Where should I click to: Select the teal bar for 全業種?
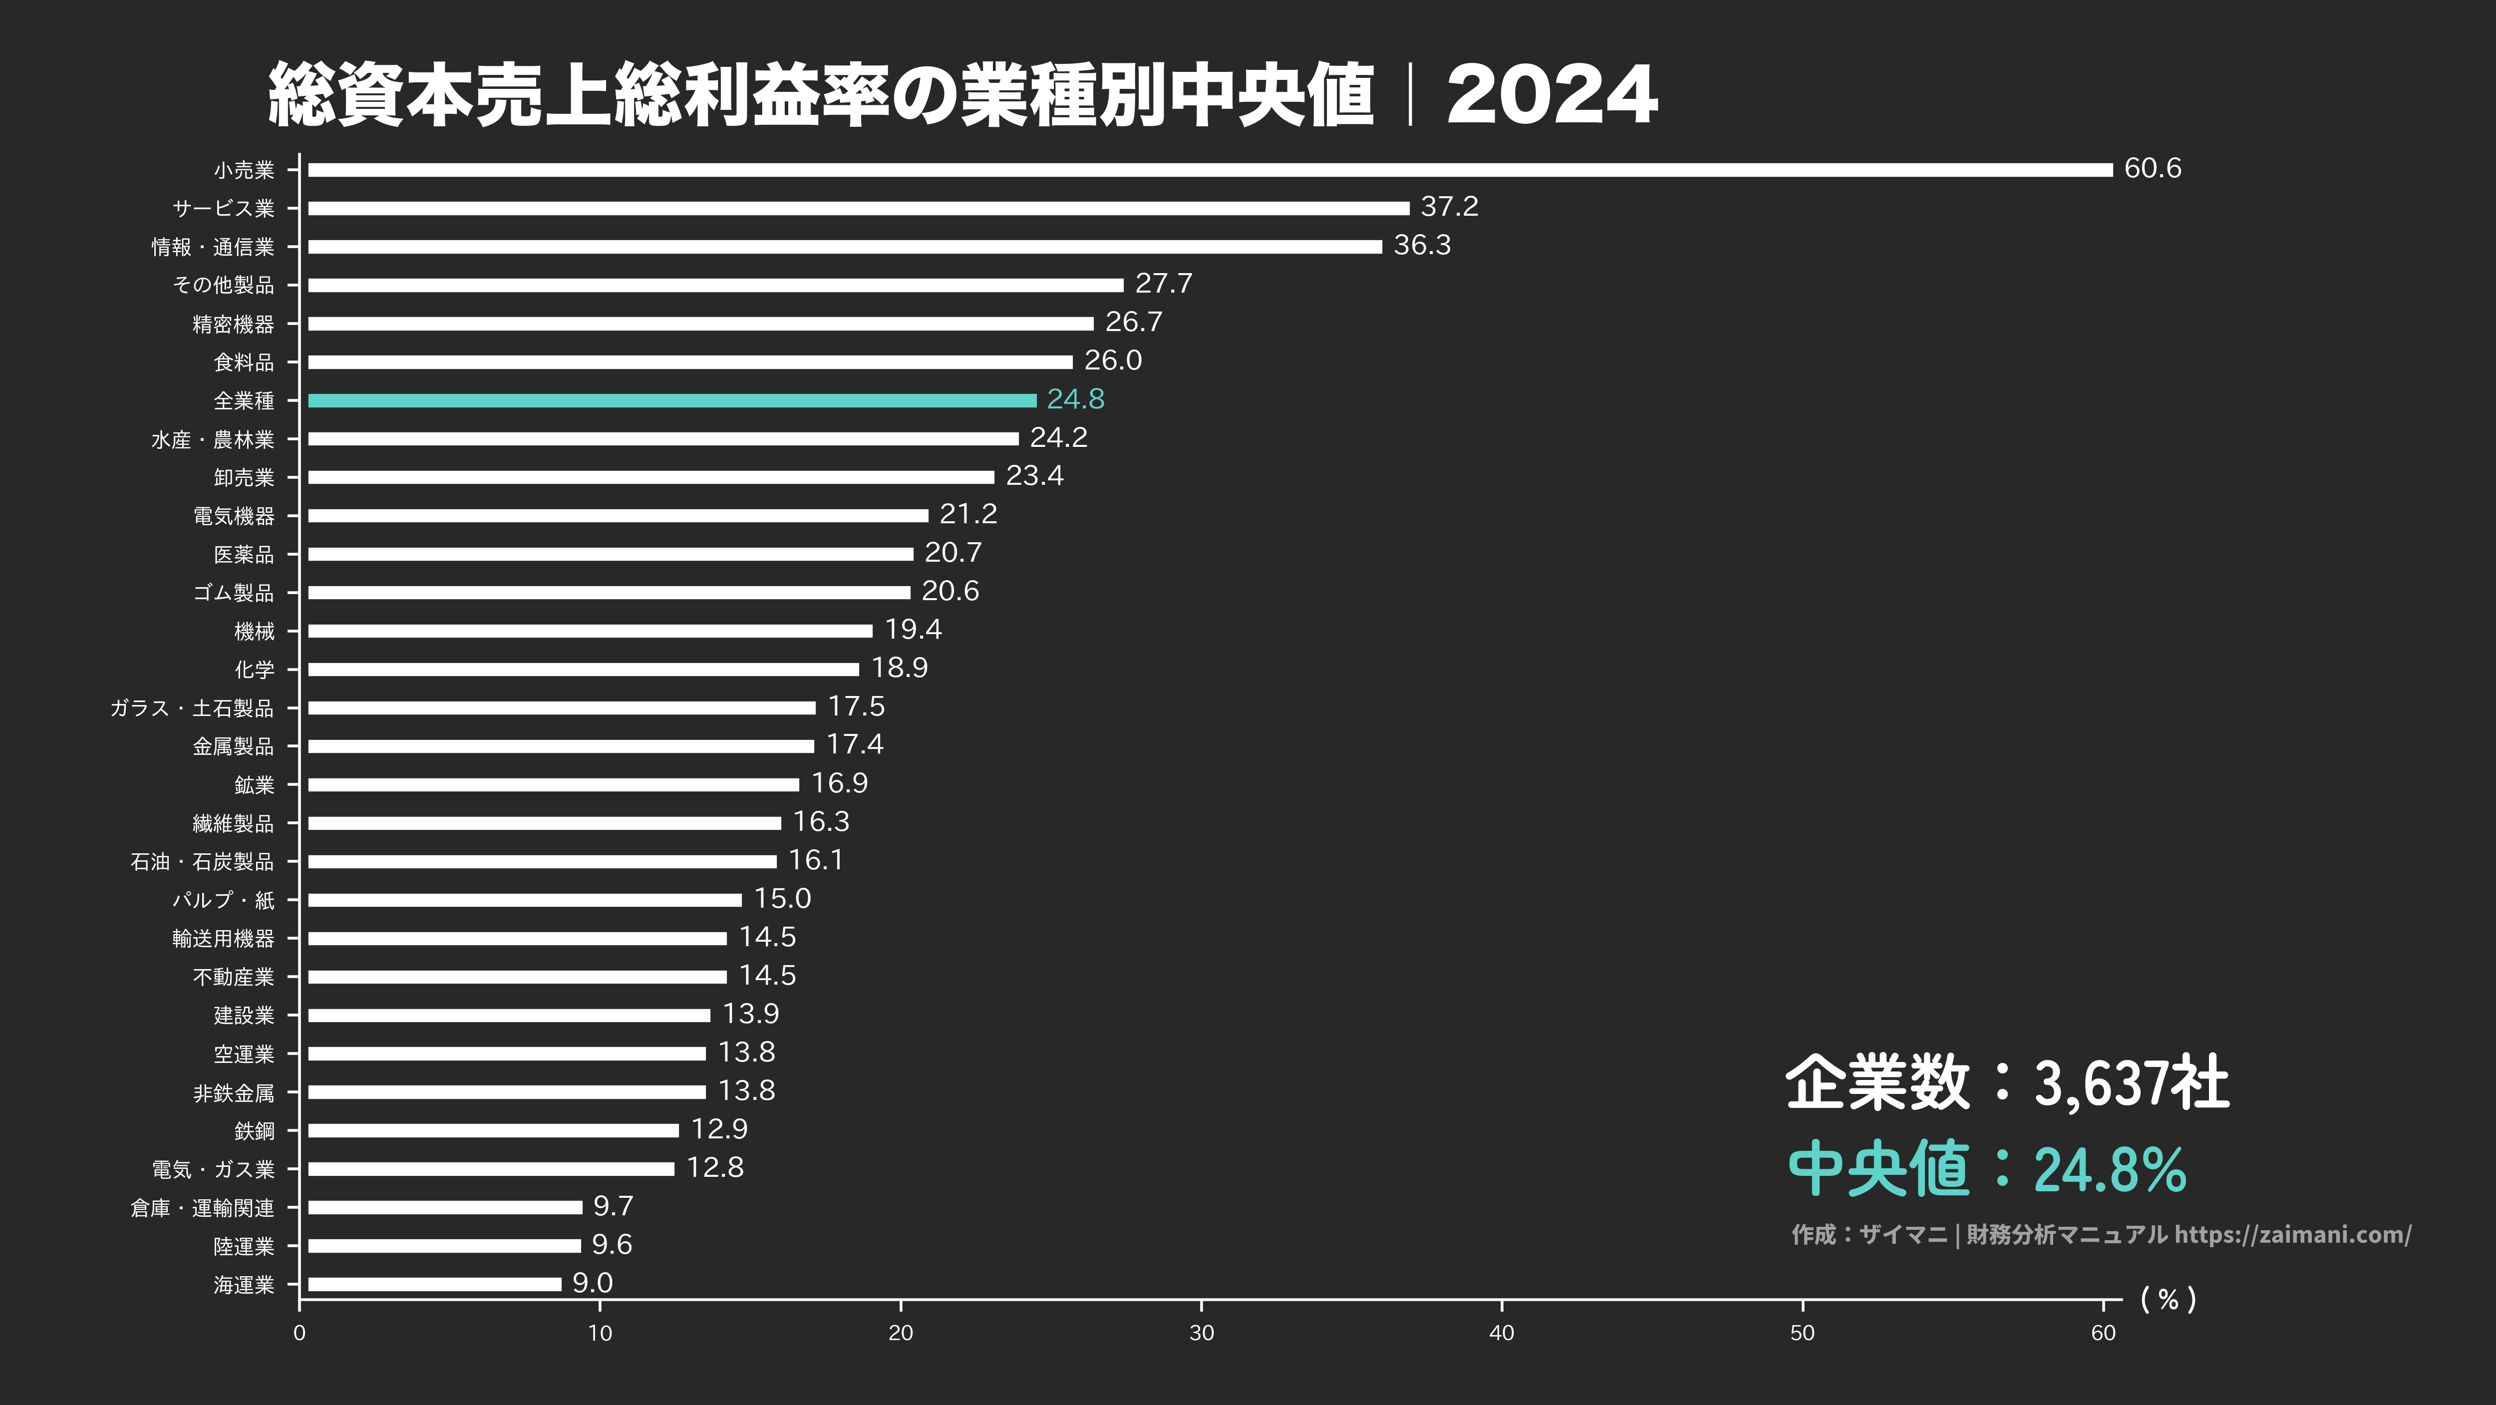tap(671, 400)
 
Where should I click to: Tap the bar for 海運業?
tap(434, 1284)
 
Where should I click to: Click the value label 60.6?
tap(2152, 169)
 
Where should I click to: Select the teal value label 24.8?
tap(1076, 399)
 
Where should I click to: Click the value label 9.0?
tap(592, 1283)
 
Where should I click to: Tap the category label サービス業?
tap(223, 208)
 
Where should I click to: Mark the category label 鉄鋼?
tap(254, 1131)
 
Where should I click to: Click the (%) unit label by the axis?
tap(2168, 1299)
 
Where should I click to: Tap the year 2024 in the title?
tap(1552, 95)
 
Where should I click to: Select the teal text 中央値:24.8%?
tap(1986, 1168)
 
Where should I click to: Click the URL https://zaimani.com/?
tap(2292, 1234)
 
